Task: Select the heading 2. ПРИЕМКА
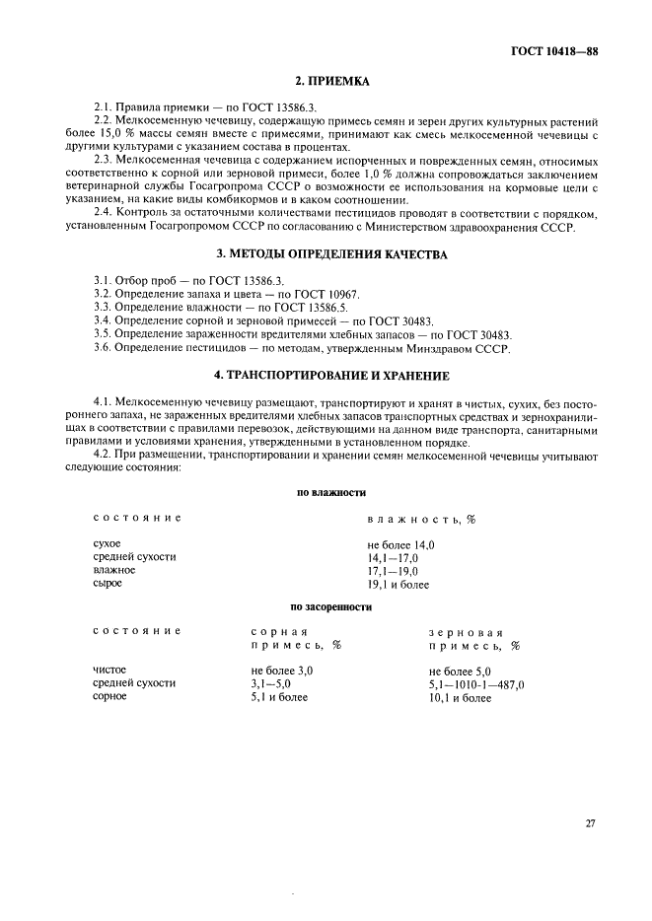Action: click(x=326, y=86)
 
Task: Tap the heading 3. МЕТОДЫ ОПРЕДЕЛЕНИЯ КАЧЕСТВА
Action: click(x=326, y=254)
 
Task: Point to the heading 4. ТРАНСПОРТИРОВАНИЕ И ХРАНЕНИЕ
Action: click(x=326, y=376)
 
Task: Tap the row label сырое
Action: click(x=108, y=583)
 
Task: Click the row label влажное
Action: click(x=113, y=570)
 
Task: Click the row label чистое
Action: click(x=110, y=670)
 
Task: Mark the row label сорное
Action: click(x=109, y=696)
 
